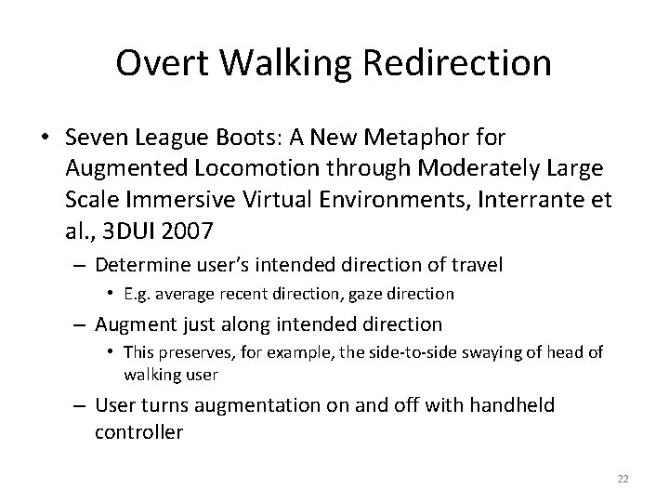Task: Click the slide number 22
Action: coord(623,478)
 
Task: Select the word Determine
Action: coord(142,265)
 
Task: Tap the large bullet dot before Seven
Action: coord(45,139)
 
